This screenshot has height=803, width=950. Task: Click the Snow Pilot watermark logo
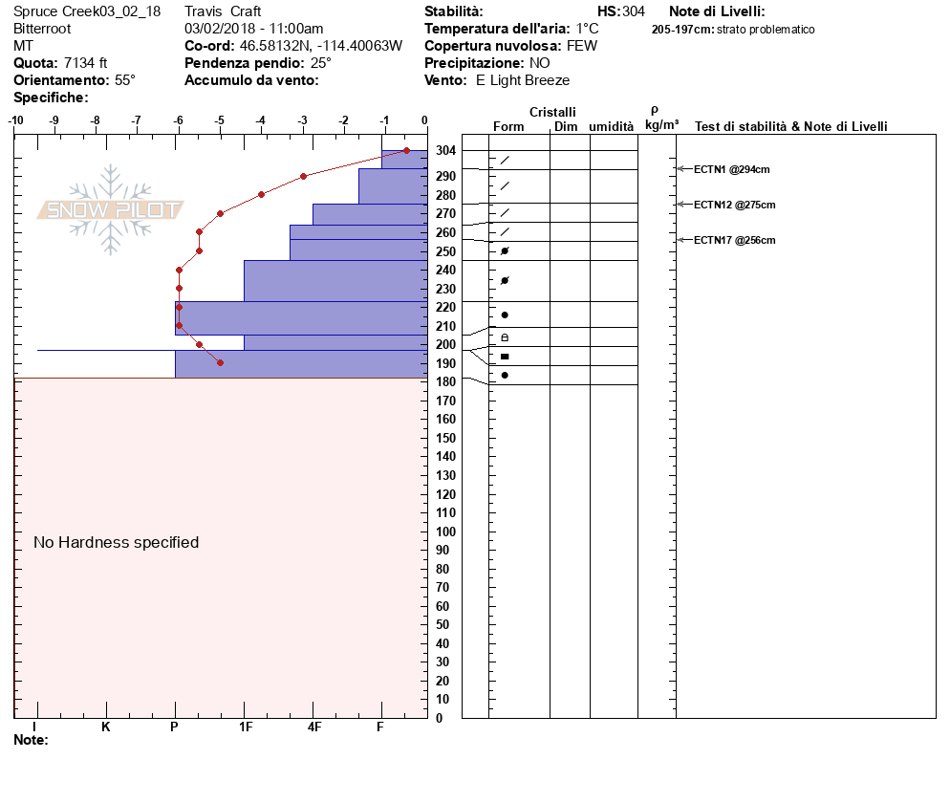point(111,209)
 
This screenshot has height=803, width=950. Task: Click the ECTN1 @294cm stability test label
point(731,169)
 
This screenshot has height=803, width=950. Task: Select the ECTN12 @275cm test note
point(734,205)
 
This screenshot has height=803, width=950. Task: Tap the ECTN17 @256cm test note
point(734,240)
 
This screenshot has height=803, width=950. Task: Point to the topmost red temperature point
point(406,150)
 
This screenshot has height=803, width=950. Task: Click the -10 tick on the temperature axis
point(16,120)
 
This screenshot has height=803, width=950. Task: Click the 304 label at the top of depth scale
point(444,151)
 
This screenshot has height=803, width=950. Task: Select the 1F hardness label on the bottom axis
point(245,727)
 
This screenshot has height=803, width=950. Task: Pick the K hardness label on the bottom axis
point(106,727)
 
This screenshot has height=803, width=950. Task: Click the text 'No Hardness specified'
point(117,542)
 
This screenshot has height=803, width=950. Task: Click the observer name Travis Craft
point(223,11)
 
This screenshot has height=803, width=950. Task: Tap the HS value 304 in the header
point(634,11)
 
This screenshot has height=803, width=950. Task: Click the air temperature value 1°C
point(587,29)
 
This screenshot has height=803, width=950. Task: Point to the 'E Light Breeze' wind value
point(523,80)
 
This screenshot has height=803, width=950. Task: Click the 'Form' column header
point(508,126)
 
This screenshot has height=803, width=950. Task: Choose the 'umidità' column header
point(612,126)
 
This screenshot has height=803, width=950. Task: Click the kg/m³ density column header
point(661,125)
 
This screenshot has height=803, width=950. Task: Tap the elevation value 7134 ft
point(86,63)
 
